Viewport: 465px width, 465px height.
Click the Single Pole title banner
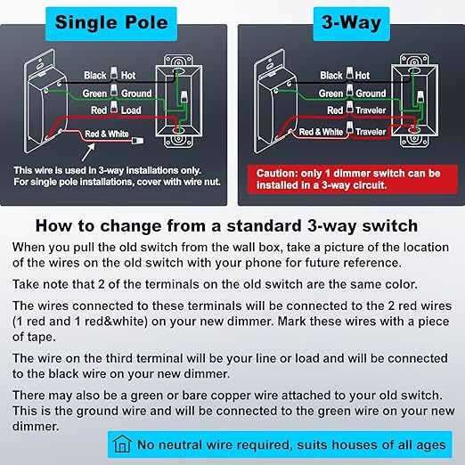pyautogui.click(x=111, y=24)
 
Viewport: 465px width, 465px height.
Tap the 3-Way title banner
pyautogui.click(x=351, y=24)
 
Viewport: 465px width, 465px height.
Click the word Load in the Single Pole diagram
pyautogui.click(x=131, y=110)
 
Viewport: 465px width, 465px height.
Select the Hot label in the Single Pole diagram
pyautogui.click(x=128, y=76)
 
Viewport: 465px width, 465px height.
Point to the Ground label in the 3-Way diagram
pyautogui.click(x=371, y=94)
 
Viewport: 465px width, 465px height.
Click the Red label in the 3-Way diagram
pyautogui.click(x=335, y=110)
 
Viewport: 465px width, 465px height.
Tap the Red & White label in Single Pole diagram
pyautogui.click(x=107, y=134)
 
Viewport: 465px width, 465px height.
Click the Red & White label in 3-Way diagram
pyautogui.click(x=321, y=132)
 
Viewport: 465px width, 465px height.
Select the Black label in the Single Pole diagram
pyautogui.click(x=95, y=76)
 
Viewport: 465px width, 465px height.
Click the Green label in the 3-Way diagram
pyautogui.click(x=330, y=94)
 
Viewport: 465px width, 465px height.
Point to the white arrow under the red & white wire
pyautogui.click(x=88, y=152)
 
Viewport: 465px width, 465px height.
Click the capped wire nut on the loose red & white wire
pyautogui.click(x=137, y=140)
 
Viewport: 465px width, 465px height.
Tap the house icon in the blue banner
pyautogui.click(x=122, y=444)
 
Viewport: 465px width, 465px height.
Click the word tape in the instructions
pyautogui.click(x=41, y=338)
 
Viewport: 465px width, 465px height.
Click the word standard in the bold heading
pyautogui.click(x=264, y=225)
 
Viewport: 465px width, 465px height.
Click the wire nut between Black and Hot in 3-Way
pyautogui.click(x=349, y=73)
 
